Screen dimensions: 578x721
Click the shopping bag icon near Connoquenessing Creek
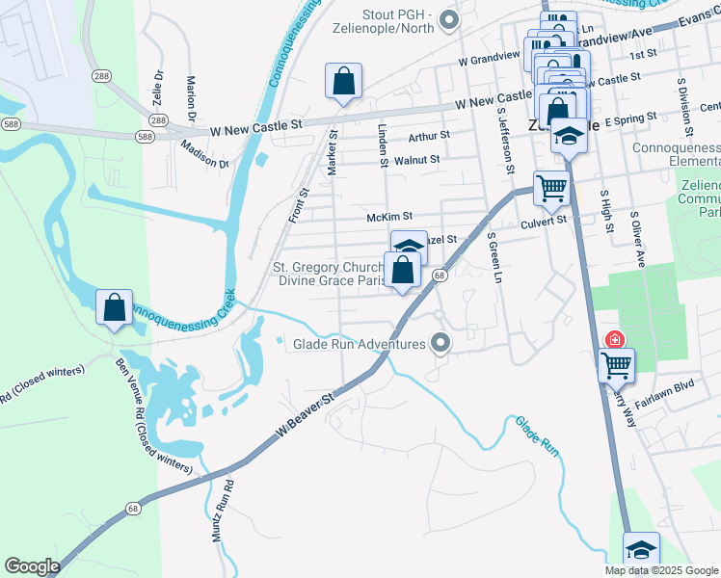click(115, 308)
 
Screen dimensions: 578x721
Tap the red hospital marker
click(613, 340)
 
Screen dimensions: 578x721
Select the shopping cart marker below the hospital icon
click(616, 365)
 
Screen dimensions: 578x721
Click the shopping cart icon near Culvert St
click(550, 188)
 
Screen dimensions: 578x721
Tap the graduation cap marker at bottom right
click(641, 549)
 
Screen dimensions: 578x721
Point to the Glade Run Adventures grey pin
click(441, 343)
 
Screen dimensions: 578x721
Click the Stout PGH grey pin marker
click(447, 18)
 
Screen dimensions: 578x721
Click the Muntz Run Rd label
click(223, 510)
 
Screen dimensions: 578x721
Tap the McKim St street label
click(389, 218)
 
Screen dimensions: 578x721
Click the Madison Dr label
click(205, 151)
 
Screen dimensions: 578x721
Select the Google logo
click(33, 566)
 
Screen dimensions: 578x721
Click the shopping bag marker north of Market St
click(343, 82)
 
